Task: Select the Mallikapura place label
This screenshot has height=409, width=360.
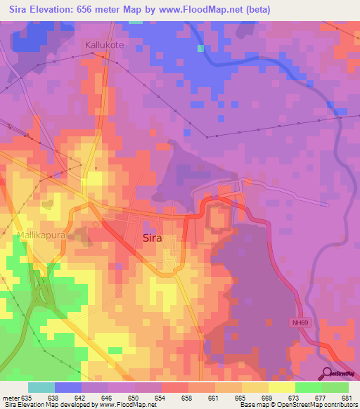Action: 41,235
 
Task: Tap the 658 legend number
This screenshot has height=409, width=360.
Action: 188,397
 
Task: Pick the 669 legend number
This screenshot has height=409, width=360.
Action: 268,397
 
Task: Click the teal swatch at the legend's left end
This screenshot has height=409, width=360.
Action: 41,387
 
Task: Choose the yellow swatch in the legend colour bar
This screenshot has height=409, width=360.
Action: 281,387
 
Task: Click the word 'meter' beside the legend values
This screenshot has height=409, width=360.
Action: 11,397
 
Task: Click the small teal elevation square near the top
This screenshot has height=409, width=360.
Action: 201,48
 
